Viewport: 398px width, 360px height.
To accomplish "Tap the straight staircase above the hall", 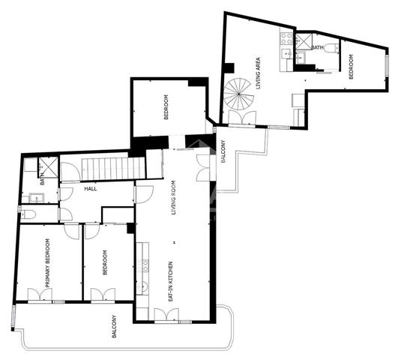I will click(104, 169).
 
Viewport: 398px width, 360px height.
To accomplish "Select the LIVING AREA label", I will click(259, 73).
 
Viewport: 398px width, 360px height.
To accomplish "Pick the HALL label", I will click(91, 190).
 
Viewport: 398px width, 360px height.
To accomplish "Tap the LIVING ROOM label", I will click(173, 198).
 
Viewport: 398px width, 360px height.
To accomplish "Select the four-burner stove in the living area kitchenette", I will click(286, 37).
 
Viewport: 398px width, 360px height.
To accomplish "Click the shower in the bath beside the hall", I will click(49, 168).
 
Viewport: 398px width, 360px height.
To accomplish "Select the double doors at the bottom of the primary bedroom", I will click(39, 294).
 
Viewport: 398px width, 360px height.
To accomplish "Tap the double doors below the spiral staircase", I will click(242, 118).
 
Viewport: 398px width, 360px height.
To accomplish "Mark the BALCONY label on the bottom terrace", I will click(115, 325).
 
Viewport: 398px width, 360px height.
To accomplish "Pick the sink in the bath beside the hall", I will click(35, 197).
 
